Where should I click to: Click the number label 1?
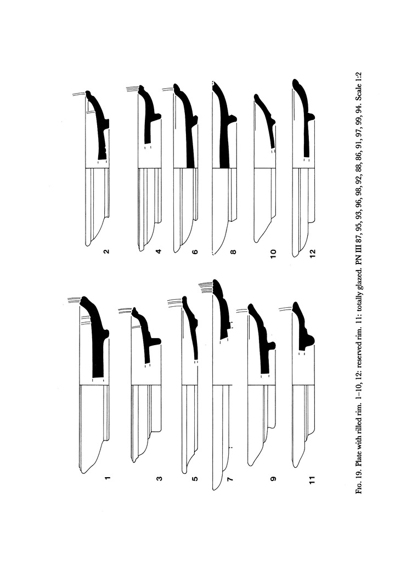[107, 478]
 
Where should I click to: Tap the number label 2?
[106, 251]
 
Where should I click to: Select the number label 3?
[159, 478]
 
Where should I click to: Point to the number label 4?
[159, 251]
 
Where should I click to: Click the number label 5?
[195, 478]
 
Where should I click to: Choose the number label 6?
[195, 251]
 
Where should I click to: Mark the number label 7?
[230, 478]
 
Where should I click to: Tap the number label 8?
[233, 251]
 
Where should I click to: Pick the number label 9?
[273, 478]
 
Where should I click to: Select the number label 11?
[312, 479]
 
